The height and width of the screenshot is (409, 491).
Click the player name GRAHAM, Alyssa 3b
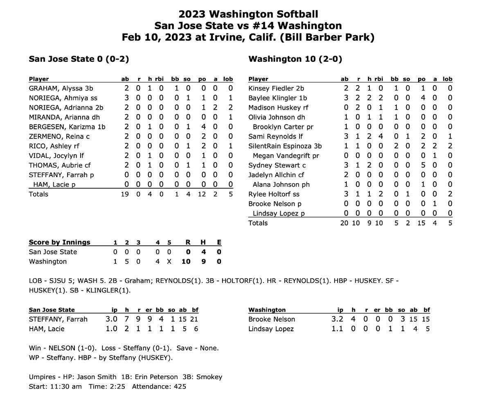tap(61, 88)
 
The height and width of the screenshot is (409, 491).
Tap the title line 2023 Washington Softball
tap(248, 14)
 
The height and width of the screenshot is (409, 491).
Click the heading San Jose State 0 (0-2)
tap(79, 59)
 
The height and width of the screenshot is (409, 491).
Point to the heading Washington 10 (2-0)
tap(295, 59)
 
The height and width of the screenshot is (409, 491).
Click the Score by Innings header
tap(60, 242)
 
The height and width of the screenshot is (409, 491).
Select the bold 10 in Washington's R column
tap(186, 261)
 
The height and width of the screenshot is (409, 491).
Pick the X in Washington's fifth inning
tap(169, 261)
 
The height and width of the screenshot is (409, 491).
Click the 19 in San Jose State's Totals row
tap(125, 194)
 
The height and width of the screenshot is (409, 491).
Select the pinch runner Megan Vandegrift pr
tap(286, 156)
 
